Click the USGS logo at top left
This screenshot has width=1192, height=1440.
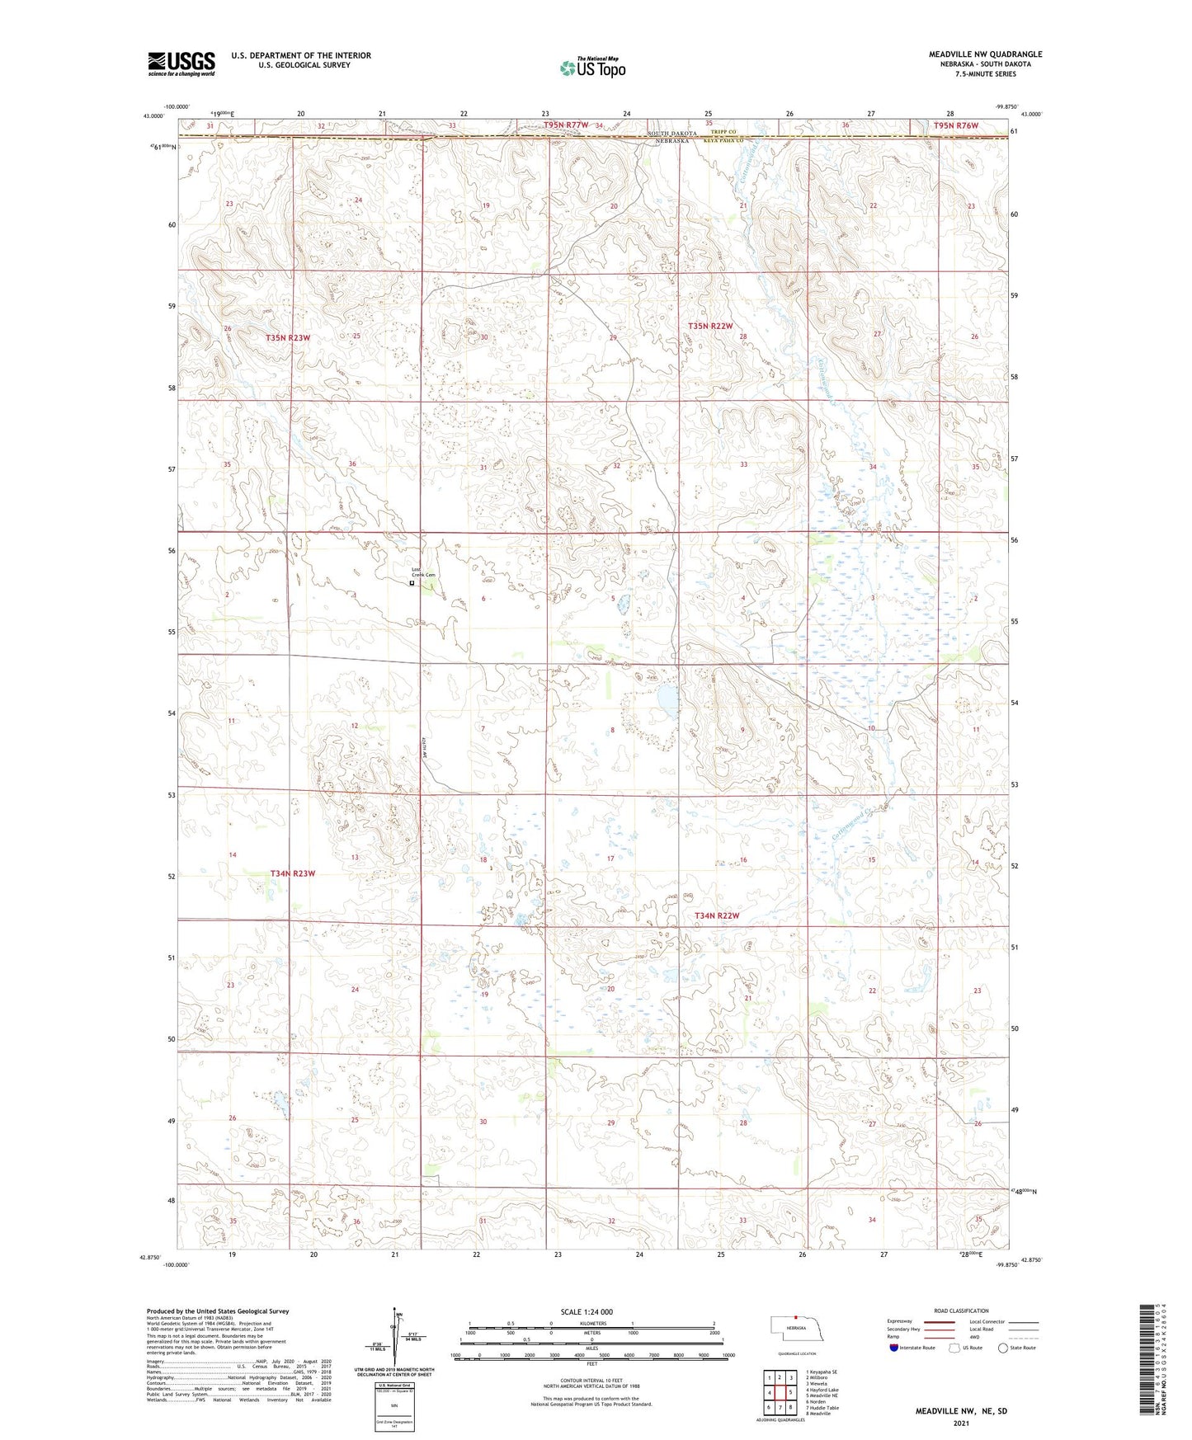pyautogui.click(x=181, y=64)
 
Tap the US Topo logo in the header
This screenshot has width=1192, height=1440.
pyautogui.click(x=592, y=68)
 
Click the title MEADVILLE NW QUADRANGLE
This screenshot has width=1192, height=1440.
pyautogui.click(x=985, y=54)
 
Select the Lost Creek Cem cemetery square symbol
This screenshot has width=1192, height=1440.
pyautogui.click(x=412, y=583)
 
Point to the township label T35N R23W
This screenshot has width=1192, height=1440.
pyautogui.click(x=288, y=338)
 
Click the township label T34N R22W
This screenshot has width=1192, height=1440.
pyautogui.click(x=717, y=915)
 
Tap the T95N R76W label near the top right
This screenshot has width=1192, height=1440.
pyautogui.click(x=955, y=125)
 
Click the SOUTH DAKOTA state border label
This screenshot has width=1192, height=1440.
pyautogui.click(x=672, y=133)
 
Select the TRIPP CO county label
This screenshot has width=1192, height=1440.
pyautogui.click(x=721, y=132)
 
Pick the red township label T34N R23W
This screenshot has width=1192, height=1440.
pyautogui.click(x=293, y=873)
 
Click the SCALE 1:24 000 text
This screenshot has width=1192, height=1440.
pyautogui.click(x=587, y=1312)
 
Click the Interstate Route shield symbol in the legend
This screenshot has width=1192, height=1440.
pyautogui.click(x=894, y=1348)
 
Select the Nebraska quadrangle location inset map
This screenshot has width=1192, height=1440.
pyautogui.click(x=796, y=1333)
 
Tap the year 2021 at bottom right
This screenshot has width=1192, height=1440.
pyautogui.click(x=961, y=1424)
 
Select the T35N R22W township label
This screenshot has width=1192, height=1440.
pyautogui.click(x=710, y=327)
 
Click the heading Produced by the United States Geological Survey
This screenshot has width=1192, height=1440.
pyautogui.click(x=218, y=1311)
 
